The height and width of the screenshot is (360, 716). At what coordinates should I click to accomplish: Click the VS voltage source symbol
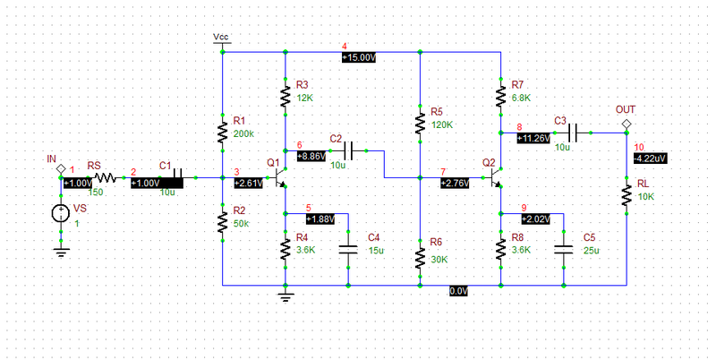(x=61, y=213)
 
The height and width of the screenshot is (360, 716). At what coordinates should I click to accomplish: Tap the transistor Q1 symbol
(x=279, y=178)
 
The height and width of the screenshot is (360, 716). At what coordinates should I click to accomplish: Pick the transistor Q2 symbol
(x=495, y=178)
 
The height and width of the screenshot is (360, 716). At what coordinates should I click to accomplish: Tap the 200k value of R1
(x=243, y=133)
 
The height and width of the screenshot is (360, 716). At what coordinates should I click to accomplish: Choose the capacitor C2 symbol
(x=350, y=150)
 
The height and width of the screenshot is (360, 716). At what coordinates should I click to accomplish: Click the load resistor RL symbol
(x=626, y=196)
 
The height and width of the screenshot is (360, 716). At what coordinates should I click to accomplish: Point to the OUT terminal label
(x=626, y=109)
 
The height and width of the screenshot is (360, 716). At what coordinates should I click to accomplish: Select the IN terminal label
(x=51, y=159)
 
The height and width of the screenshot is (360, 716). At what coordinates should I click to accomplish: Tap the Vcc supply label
(x=221, y=37)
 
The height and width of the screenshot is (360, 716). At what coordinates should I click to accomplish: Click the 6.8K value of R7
(x=522, y=98)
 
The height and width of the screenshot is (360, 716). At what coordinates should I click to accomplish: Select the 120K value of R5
(x=441, y=125)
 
